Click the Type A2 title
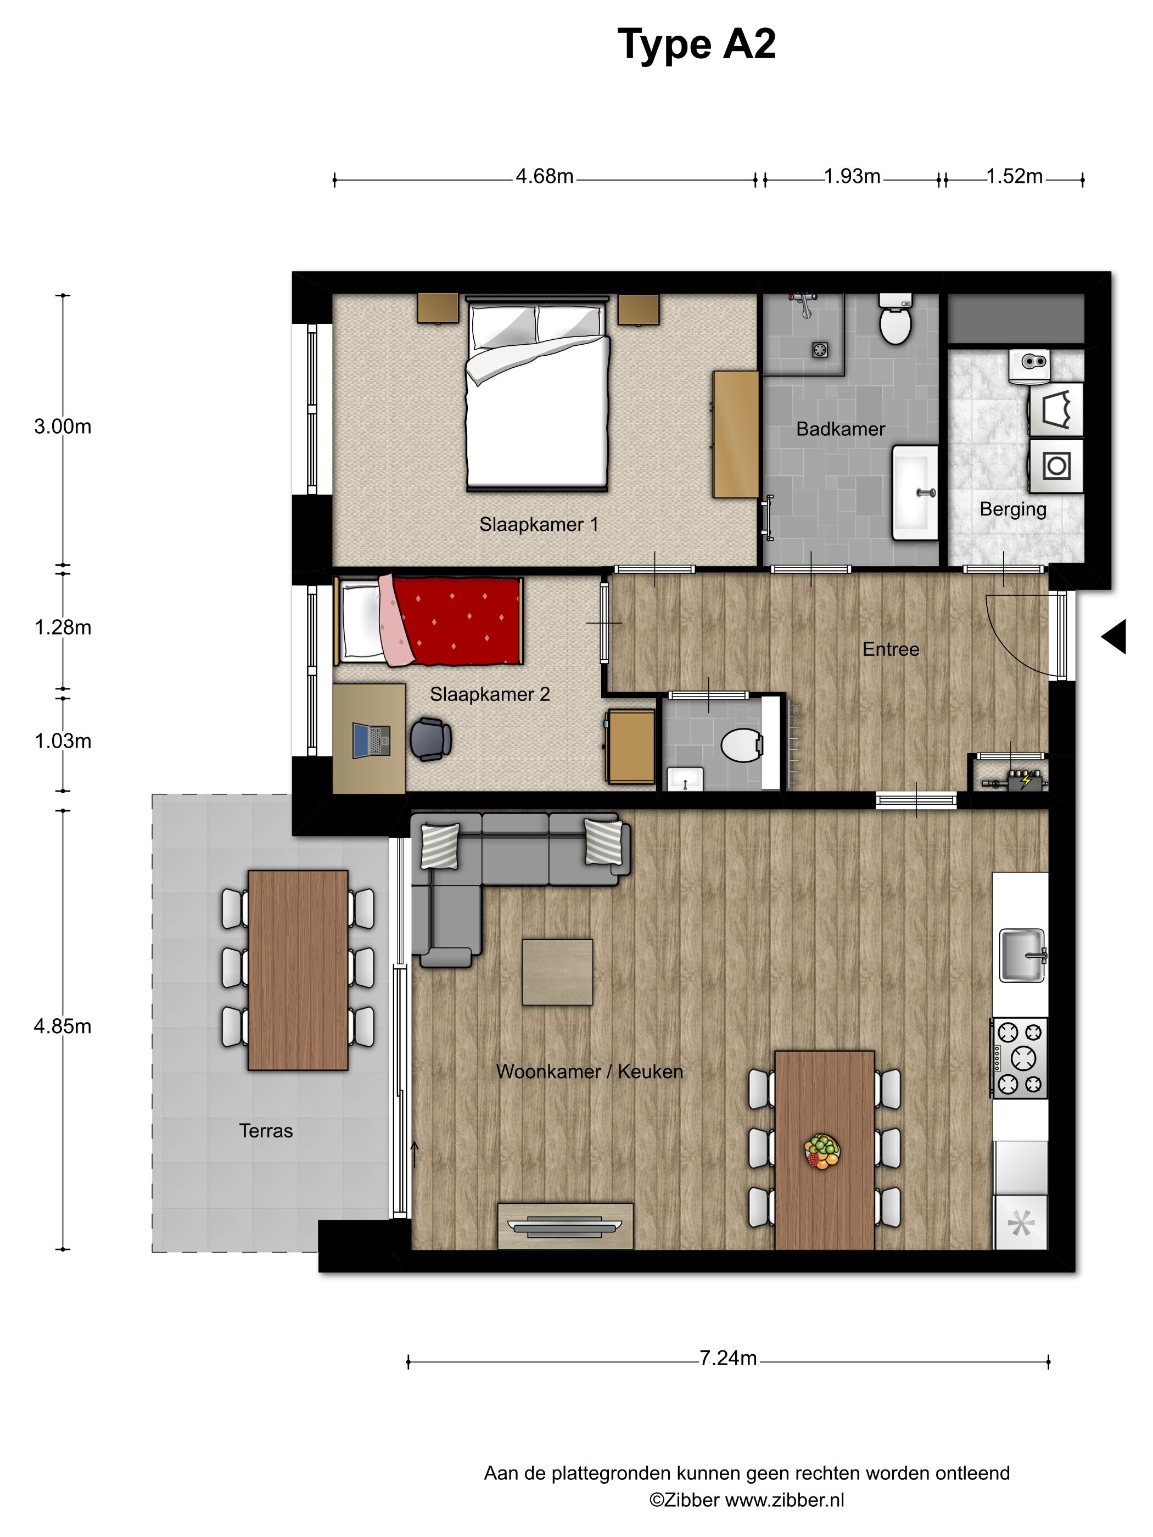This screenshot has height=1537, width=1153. pyautogui.click(x=696, y=45)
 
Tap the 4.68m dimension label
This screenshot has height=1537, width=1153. pyautogui.click(x=544, y=177)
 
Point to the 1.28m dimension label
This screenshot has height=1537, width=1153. pyautogui.click(x=63, y=627)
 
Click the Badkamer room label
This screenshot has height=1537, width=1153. pyautogui.click(x=840, y=429)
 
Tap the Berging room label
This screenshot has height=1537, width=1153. pyautogui.click(x=1012, y=509)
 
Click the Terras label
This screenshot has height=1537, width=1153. pyautogui.click(x=266, y=1130)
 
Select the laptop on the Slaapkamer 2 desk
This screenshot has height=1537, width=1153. pyautogui.click(x=371, y=740)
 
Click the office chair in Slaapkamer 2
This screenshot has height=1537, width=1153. pyautogui.click(x=430, y=739)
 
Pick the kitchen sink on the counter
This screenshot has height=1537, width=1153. pyautogui.click(x=1022, y=955)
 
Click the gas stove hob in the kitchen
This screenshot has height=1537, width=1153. pyautogui.click(x=1019, y=1058)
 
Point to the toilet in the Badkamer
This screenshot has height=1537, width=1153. pyautogui.click(x=895, y=319)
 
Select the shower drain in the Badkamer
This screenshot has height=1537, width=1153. pyautogui.click(x=820, y=350)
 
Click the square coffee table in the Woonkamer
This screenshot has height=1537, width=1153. pyautogui.click(x=557, y=972)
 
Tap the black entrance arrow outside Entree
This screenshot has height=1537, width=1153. pyautogui.click(x=1113, y=636)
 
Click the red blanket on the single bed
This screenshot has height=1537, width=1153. pyautogui.click(x=458, y=619)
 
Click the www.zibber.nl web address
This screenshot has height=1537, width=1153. pyautogui.click(x=785, y=1500)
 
